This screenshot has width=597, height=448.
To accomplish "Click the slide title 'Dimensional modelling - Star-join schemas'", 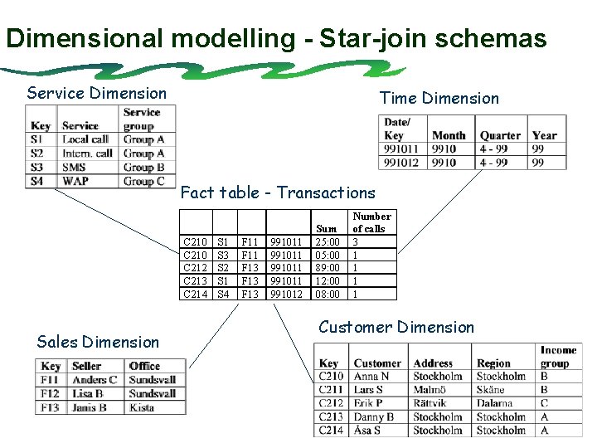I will coord(276,38).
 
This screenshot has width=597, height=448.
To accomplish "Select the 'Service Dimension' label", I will coord(96,93).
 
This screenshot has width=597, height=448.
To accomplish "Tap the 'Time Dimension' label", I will coord(439,98).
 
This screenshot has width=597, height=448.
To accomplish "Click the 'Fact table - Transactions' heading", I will coord(277,192).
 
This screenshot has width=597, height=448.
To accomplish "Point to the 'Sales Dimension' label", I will coord(98,342).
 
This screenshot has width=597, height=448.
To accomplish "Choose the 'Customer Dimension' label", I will coord(396,327).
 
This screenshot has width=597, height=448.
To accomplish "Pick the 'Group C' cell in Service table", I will coord(143,180).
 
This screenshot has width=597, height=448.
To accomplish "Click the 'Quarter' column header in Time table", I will coord(500,135).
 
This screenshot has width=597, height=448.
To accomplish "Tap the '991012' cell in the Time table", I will coord(402,163).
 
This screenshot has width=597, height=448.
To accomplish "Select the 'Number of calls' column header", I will coord(371,222).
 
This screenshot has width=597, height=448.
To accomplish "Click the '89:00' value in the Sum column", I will coord(328,268).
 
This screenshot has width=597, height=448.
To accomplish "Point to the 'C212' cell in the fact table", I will coord(195,268).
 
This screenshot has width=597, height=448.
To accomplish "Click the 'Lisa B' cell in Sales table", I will coord(87,393).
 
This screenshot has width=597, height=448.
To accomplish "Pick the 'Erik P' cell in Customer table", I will coord(369,403).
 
